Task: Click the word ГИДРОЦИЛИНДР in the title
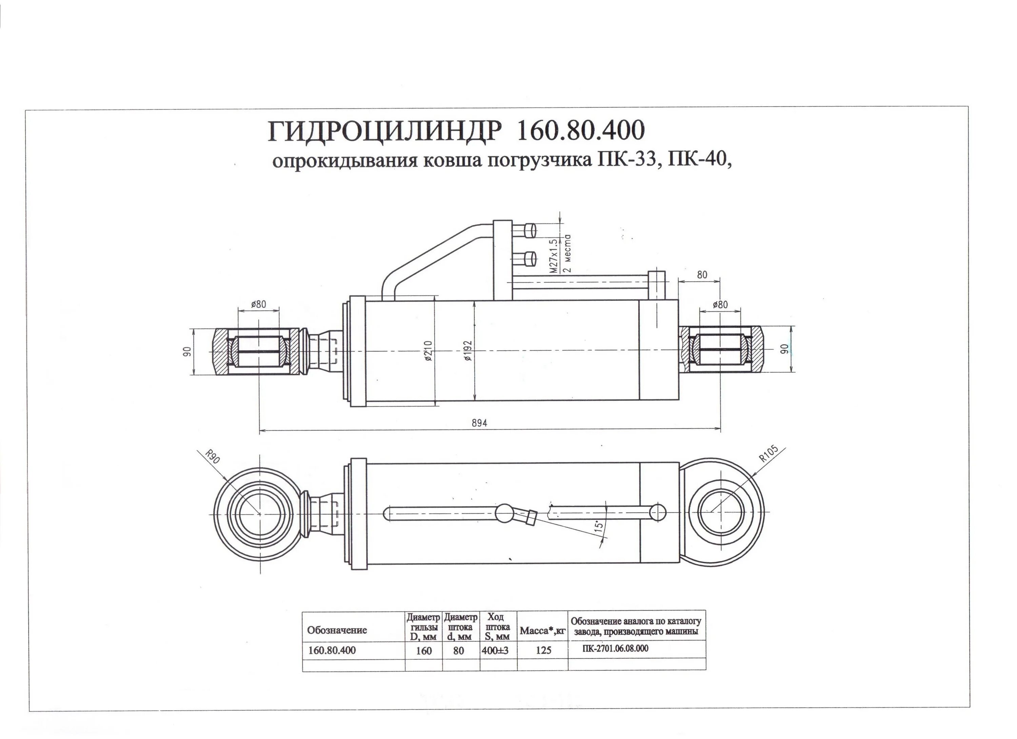pyautogui.click(x=383, y=131)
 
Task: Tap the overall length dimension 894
pyautogui.click(x=479, y=423)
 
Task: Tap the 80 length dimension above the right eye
pyautogui.click(x=702, y=275)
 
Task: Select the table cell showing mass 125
pyautogui.click(x=543, y=650)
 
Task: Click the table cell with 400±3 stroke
pyautogui.click(x=498, y=650)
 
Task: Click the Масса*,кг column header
pyautogui.click(x=543, y=631)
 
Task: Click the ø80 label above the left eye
pyautogui.click(x=258, y=305)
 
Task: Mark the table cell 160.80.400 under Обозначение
pyautogui.click(x=332, y=650)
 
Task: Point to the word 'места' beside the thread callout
pyautogui.click(x=567, y=254)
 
